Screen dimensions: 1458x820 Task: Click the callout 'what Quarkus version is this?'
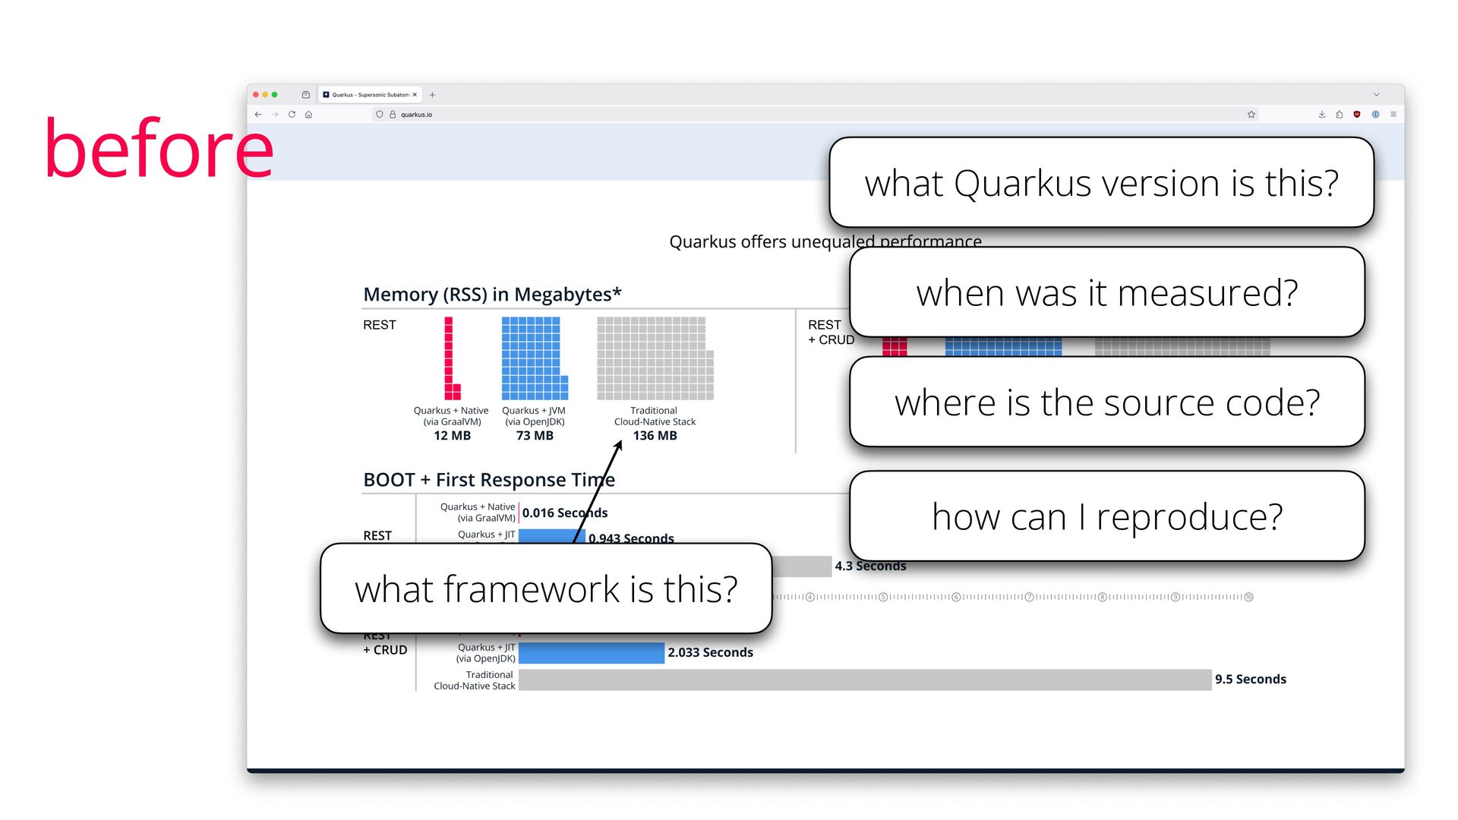click(1101, 183)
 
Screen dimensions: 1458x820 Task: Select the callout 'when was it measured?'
click(1106, 292)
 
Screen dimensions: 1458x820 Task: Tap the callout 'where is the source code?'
click(1106, 402)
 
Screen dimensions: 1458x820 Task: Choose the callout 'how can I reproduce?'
click(1106, 517)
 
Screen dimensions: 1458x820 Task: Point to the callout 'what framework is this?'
click(546, 589)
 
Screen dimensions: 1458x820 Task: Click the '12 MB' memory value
click(452, 436)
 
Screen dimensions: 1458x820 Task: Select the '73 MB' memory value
click(535, 436)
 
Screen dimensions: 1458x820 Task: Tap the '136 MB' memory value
click(655, 436)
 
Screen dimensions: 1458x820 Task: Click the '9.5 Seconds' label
click(1250, 680)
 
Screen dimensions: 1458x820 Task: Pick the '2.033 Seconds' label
click(710, 653)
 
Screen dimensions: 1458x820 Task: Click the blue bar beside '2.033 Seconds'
click(591, 653)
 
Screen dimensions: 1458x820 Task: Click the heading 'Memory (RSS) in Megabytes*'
click(492, 295)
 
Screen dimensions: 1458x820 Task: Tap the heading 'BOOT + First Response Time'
click(488, 480)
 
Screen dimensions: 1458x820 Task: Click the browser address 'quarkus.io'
click(416, 115)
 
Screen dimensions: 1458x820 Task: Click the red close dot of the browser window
click(256, 95)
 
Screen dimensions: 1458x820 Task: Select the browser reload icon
click(292, 115)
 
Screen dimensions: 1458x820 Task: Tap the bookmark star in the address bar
click(1251, 115)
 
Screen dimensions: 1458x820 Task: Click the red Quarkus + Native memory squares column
click(450, 358)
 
